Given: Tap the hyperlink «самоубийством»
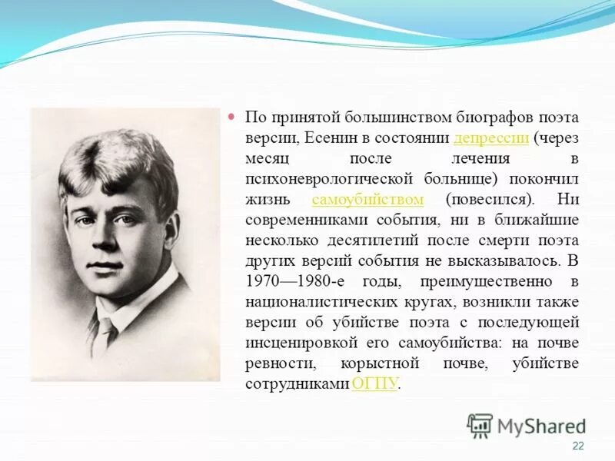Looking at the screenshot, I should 368,199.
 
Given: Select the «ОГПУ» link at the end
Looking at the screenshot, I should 374,383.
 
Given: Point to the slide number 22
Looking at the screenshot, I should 578,447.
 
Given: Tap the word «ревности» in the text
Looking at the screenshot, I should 273,363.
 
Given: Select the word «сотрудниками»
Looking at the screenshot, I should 296,383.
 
